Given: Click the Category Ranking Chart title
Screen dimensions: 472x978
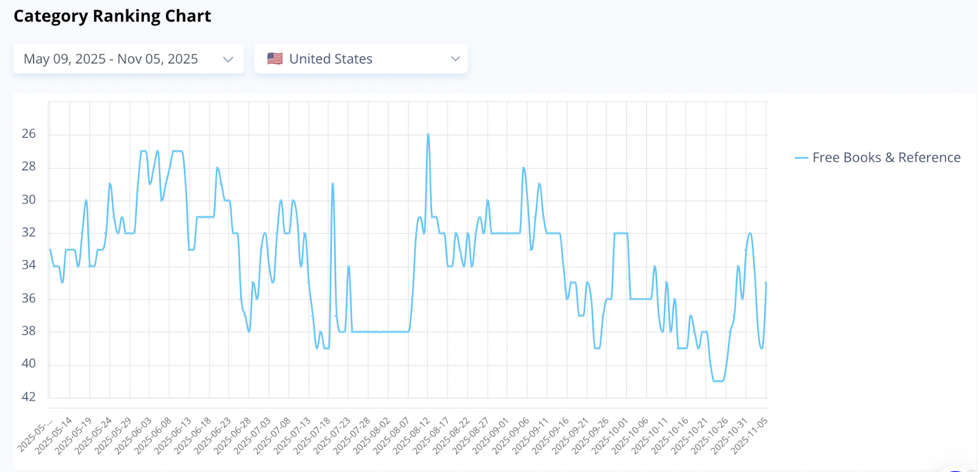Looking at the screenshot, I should click(112, 16).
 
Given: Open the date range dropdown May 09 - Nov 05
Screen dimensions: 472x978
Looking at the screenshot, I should click(128, 59).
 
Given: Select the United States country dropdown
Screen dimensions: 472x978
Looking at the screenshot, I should click(361, 59).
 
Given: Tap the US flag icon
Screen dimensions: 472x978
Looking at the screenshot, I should click(275, 59).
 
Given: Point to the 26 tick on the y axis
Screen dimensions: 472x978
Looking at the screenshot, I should click(29, 134).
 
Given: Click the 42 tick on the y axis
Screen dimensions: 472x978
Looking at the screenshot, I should click(29, 397).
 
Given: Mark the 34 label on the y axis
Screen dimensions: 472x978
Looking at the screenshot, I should click(29, 265).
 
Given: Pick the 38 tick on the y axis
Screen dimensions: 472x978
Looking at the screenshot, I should click(29, 331).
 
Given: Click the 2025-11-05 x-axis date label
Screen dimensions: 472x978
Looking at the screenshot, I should click(751, 435).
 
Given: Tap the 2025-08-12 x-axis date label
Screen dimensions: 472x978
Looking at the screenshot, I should click(413, 435).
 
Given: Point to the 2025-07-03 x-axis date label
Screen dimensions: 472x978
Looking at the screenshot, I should click(254, 435).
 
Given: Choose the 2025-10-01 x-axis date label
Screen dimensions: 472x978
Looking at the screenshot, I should click(611, 435).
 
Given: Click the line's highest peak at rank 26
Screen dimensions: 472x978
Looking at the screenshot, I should click(428, 134).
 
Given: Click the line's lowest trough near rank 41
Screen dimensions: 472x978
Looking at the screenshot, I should click(718, 381).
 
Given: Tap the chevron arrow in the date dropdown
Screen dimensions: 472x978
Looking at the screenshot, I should click(228, 59).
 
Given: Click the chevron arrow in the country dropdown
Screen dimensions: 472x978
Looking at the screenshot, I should click(455, 59).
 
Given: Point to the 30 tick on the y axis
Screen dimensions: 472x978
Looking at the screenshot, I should click(29, 200).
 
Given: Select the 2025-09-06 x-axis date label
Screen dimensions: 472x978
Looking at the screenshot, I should click(512, 435).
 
